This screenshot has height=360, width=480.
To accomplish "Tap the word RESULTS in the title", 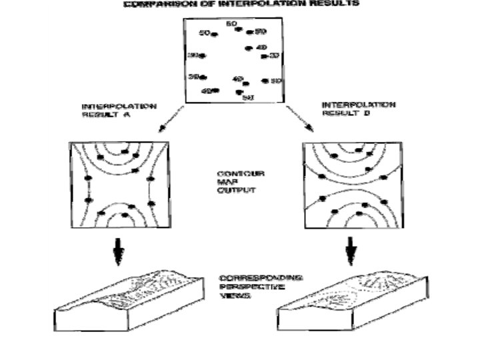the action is pos(337,3).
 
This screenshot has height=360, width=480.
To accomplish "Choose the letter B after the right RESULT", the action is pos(367,113).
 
